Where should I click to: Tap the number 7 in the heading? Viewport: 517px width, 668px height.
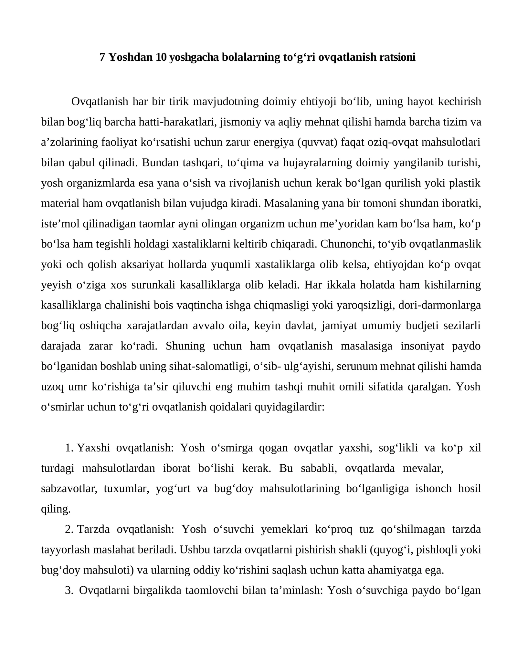(102, 57)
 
